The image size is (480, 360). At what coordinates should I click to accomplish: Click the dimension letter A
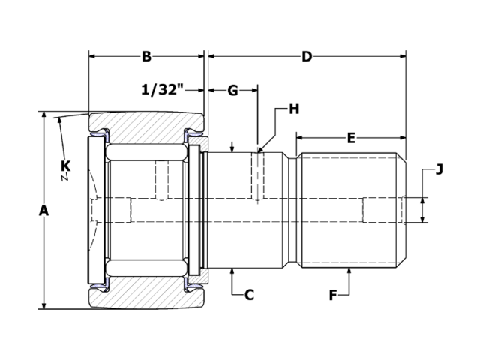43,211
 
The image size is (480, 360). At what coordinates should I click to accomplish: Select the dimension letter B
146,57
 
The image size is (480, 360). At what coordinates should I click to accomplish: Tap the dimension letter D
307,57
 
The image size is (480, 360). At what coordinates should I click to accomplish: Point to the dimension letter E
350,138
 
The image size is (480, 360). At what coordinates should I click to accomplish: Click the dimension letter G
232,91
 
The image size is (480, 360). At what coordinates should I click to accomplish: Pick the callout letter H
294,109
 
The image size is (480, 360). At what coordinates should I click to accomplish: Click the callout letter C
250,295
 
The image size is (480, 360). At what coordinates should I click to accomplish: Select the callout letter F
333,295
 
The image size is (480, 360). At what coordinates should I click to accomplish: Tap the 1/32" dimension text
162,90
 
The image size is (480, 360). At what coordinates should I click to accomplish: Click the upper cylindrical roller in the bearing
146,152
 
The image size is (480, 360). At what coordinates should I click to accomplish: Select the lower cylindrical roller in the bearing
146,268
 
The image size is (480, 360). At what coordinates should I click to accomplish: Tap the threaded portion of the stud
351,210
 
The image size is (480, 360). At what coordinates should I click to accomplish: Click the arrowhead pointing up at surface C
233,272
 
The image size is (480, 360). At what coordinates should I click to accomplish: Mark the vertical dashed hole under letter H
257,176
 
